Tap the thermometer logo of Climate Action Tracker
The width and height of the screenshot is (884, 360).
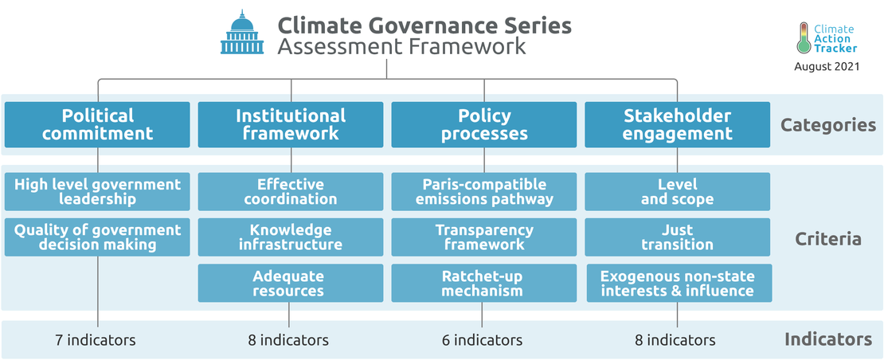804,38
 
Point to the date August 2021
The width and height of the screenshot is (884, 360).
827,66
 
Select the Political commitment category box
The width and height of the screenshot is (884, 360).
97,124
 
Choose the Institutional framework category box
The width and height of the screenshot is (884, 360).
291,124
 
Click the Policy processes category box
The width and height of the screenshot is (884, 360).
483,124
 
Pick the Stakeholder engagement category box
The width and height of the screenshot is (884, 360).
677,124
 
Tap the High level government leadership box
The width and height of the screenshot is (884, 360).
97,192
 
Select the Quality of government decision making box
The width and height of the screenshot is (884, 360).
97,237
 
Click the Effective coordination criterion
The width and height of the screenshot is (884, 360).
291,192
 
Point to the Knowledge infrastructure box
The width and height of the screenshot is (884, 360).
291,237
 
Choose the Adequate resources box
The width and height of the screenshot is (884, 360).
291,283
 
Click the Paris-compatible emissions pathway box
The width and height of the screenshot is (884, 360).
483,192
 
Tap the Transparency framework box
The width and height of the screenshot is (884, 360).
483,237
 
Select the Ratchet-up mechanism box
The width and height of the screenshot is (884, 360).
483,283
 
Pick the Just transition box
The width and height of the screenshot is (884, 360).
677,237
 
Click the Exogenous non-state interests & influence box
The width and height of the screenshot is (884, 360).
679,283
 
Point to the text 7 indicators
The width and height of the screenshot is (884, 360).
96,340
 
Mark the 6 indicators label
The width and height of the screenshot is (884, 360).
482,340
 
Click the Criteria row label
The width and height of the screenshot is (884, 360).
828,239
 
